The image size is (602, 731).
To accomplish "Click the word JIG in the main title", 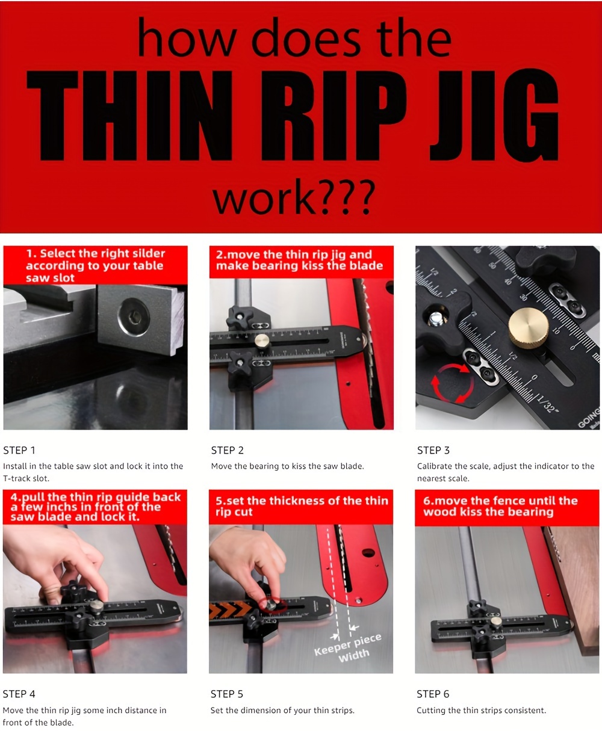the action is (494, 116).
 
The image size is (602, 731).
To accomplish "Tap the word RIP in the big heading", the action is (334, 116).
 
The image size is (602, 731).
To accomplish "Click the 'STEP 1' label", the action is (19, 450).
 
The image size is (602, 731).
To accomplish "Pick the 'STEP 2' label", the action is (227, 450).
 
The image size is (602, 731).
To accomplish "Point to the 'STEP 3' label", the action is (433, 450).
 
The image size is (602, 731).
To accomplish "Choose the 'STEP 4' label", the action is (19, 694).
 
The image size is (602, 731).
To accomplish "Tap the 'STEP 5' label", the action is (227, 694).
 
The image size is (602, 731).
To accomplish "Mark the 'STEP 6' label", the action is (433, 694).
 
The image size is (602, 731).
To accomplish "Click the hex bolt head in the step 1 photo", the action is (134, 317).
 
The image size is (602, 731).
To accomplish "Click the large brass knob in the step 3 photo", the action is (528, 327).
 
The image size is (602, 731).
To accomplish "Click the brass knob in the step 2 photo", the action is (261, 341).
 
